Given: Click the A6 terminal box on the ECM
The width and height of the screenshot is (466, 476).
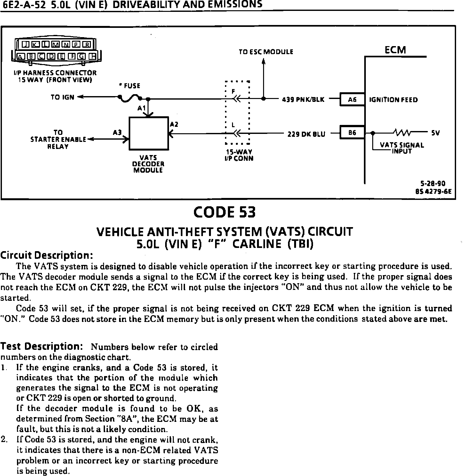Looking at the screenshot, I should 352,100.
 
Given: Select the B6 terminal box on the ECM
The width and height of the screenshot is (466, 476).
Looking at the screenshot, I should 352,132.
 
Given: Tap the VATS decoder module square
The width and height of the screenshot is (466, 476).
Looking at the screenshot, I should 149,133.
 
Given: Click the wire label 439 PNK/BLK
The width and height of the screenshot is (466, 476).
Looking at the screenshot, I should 303,100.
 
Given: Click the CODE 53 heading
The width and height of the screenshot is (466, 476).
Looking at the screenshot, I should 225,212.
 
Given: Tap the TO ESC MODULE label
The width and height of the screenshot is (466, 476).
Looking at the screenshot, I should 266,52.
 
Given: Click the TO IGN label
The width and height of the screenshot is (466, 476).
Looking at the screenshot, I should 62,97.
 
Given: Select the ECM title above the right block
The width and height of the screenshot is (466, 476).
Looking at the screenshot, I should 395,50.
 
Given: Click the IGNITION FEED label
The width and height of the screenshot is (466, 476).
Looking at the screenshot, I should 393,100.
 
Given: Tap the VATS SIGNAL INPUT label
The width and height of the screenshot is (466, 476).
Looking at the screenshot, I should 402,148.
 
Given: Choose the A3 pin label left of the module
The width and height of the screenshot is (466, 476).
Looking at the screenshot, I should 117,132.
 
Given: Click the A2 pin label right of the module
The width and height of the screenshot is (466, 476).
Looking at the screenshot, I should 174,124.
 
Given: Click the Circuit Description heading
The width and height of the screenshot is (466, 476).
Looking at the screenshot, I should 46,255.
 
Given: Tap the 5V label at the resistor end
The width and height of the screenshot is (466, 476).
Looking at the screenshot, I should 435,132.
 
